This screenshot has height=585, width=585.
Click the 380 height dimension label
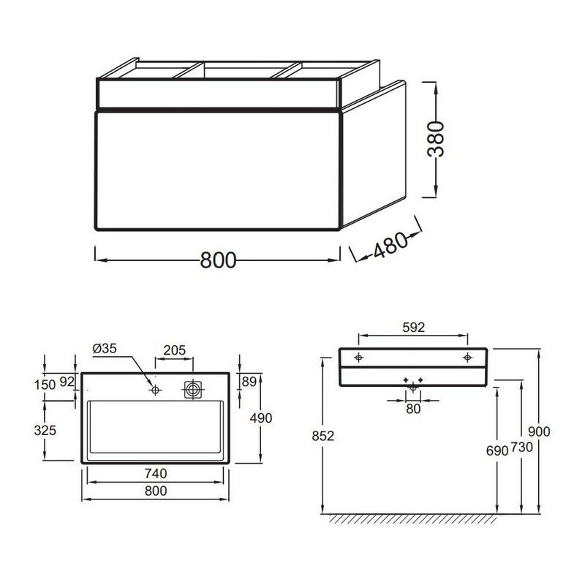[436, 139]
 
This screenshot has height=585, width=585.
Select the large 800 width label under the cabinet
[218, 260]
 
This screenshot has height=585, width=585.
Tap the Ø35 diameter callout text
[105, 349]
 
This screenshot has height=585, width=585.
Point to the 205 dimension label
[174, 350]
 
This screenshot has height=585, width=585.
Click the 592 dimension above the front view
[413, 327]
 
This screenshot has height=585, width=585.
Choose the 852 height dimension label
[322, 436]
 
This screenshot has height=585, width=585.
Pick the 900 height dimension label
[539, 431]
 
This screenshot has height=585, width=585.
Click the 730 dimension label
[521, 447]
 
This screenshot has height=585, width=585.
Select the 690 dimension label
[497, 450]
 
